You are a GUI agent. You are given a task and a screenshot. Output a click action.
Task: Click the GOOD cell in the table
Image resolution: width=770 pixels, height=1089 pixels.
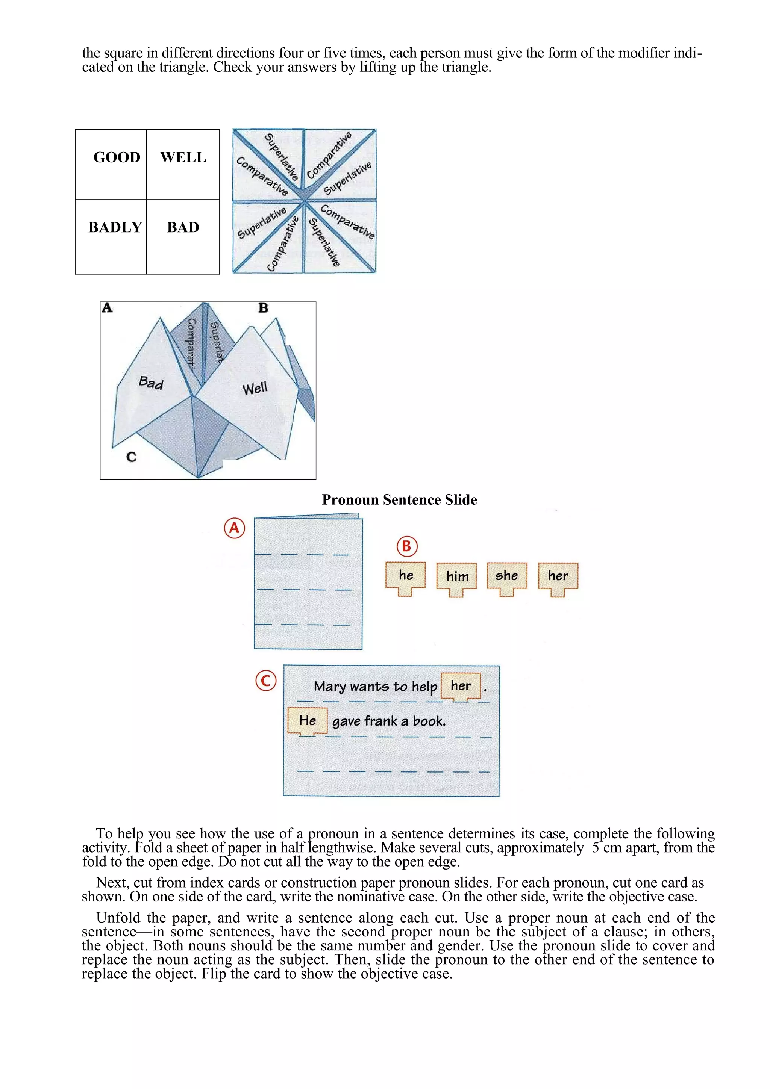116,157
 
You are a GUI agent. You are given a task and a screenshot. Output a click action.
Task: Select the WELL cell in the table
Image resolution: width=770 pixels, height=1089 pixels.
183,157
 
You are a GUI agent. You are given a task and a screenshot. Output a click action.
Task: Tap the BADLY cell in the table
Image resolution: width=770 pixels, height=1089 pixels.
115,228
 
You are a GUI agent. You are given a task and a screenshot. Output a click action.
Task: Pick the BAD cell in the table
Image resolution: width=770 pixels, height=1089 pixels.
183,228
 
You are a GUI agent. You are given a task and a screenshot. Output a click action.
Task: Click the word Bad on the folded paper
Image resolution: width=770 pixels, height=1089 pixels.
151,382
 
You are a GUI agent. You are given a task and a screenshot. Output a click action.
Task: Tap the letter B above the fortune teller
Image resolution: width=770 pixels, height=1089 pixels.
263,308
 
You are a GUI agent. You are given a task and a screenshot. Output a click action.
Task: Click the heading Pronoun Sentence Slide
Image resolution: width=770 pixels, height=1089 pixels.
399,500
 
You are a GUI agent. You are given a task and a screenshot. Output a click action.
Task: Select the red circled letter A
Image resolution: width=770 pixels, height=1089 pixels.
234,528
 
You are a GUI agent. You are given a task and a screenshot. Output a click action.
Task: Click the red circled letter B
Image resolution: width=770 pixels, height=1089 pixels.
407,546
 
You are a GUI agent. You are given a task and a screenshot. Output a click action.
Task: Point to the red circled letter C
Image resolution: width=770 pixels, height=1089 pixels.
266,681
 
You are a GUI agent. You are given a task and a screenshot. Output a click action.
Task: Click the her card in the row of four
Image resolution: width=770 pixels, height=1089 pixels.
558,576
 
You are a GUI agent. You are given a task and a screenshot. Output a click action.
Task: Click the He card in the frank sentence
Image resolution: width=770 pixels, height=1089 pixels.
308,721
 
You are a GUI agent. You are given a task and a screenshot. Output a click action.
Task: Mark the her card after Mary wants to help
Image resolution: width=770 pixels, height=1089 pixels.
461,686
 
